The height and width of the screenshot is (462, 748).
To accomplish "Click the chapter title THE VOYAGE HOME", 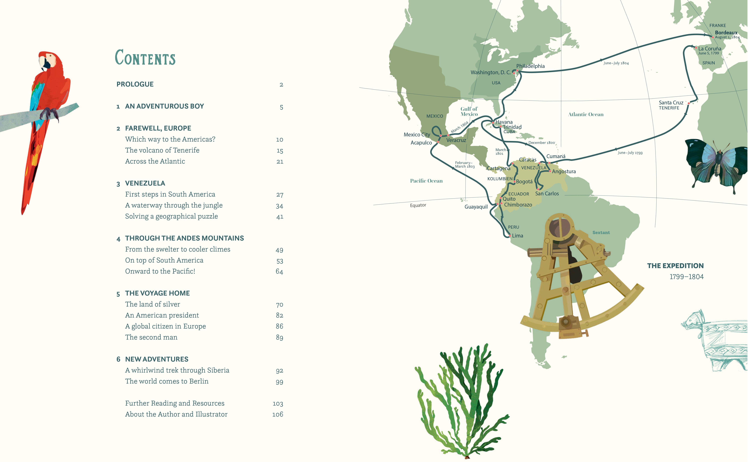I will (157, 293).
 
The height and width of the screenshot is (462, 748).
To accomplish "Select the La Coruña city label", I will (710, 49).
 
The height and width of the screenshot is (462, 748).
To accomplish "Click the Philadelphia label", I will (530, 66).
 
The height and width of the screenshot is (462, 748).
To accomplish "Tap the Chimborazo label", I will (518, 205).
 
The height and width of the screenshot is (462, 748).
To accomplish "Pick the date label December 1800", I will (541, 143).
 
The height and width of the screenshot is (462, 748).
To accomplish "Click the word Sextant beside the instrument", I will (601, 232).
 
